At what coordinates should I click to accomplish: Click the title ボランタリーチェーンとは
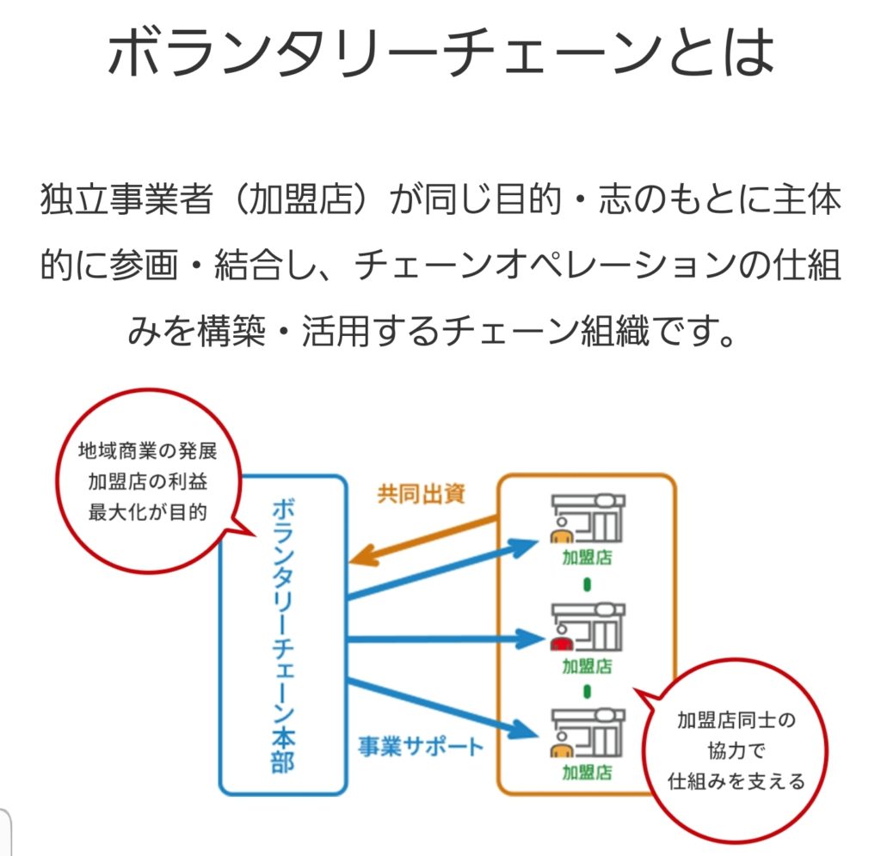click(441, 52)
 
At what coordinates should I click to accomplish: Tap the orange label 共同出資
click(422, 494)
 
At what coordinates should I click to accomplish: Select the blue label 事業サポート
click(421, 747)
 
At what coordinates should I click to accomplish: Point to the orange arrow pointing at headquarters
click(423, 541)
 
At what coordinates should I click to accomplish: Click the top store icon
click(588, 518)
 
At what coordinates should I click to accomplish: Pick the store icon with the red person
click(588, 627)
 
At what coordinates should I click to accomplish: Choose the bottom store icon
click(588, 732)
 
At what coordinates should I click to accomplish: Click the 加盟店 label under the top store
click(587, 558)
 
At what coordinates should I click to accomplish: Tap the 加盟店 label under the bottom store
click(587, 773)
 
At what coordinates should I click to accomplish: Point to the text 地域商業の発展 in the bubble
click(147, 450)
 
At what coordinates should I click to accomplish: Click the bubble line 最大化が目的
click(147, 512)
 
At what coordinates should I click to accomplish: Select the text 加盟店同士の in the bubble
click(736, 720)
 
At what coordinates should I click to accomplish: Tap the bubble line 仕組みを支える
click(736, 781)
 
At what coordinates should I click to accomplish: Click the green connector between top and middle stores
click(587, 585)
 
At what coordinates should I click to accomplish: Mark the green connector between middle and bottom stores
click(587, 691)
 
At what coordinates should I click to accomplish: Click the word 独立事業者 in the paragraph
click(127, 199)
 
